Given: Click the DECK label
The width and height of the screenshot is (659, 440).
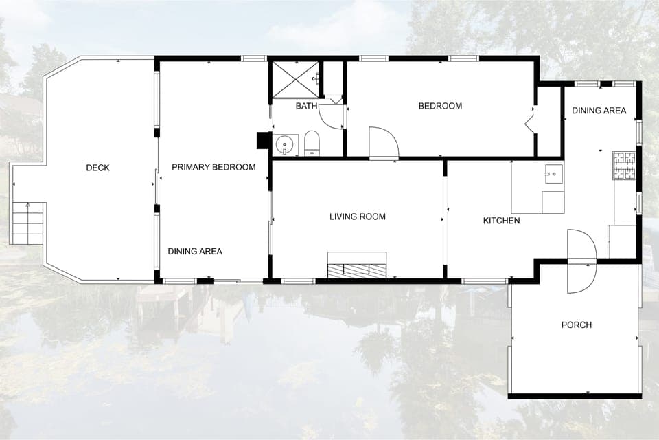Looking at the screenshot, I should [97, 168].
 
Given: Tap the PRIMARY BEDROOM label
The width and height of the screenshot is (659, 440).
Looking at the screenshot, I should [213, 167].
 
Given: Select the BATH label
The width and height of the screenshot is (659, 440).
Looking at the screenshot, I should [306, 106].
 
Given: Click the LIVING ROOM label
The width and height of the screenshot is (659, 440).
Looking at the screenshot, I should [358, 217].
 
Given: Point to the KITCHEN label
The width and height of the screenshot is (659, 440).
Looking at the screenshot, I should [501, 221].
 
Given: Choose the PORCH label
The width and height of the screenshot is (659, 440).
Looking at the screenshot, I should [576, 324].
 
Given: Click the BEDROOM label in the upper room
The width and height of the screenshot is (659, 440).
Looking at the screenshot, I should [440, 106].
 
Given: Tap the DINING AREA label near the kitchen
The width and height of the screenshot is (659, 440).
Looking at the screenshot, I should [599, 110].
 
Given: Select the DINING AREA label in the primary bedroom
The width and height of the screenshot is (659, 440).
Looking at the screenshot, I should [195, 251].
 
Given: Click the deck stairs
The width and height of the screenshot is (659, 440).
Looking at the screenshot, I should [29, 223].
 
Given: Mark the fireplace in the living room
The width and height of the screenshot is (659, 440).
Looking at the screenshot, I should [356, 265].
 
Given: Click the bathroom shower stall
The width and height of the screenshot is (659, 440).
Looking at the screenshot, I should [296, 80].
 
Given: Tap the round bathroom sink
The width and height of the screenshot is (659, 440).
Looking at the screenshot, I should [285, 145].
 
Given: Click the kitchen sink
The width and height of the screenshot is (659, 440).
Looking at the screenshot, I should [553, 173].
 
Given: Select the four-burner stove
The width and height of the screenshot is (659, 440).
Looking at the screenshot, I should [625, 165].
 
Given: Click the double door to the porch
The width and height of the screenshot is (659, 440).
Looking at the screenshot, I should [582, 261].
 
